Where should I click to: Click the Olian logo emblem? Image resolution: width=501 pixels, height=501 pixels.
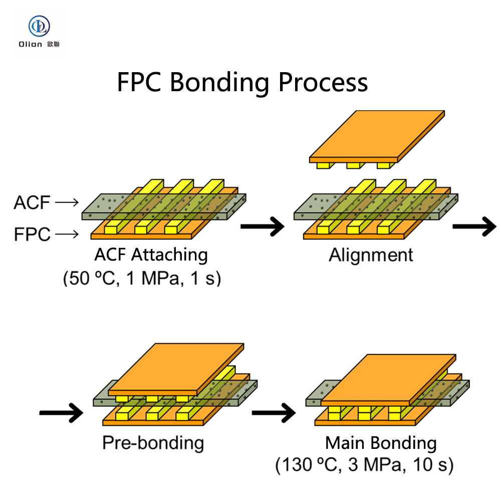tap(39, 26)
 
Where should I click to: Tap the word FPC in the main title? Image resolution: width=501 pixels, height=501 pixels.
tap(139, 82)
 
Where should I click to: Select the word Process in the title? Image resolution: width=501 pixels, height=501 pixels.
tap(323, 83)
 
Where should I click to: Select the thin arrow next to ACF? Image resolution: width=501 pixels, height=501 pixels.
tap(67, 202)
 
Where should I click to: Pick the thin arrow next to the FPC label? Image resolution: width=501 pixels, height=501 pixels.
tap(67, 233)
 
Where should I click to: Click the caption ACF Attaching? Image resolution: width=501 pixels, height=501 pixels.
tap(151, 255)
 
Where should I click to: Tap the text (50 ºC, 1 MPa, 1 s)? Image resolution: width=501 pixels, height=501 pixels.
tap(142, 278)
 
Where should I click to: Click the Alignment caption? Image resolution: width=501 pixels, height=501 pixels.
tap(371, 255)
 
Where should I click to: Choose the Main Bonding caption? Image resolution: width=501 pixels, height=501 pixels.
tap(381, 443)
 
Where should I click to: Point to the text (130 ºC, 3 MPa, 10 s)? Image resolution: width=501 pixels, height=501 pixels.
tap(365, 465)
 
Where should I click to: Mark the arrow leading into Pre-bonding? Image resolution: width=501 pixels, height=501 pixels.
tap(61, 413)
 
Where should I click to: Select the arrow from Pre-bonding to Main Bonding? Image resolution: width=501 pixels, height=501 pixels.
tap(273, 413)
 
